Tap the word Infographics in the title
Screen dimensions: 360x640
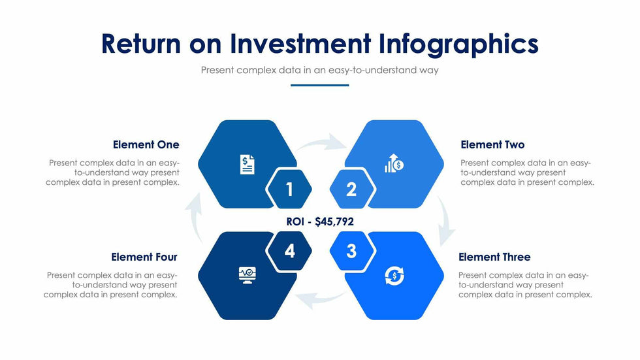pyautogui.click(x=458, y=43)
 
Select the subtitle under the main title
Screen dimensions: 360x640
pyautogui.click(x=319, y=70)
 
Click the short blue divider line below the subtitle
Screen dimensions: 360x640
pyautogui.click(x=319, y=85)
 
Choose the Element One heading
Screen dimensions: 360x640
pyautogui.click(x=146, y=144)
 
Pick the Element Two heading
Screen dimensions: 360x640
pyautogui.click(x=492, y=144)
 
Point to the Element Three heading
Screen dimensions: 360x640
pyautogui.click(x=494, y=257)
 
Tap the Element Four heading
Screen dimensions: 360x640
pyautogui.click(x=144, y=257)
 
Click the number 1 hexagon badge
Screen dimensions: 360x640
pyautogui.click(x=289, y=189)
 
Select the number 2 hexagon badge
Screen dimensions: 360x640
pyautogui.click(x=351, y=189)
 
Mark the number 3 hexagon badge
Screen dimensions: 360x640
pyautogui.click(x=351, y=251)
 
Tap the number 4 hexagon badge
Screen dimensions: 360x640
pyautogui.click(x=289, y=251)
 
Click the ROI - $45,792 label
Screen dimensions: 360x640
pyautogui.click(x=320, y=221)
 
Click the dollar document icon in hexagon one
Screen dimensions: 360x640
pyautogui.click(x=247, y=164)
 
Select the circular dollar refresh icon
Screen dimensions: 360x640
pyautogui.click(x=394, y=276)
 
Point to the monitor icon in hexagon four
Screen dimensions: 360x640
pyautogui.click(x=247, y=275)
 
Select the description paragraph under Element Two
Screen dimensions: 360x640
pyautogui.click(x=527, y=172)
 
